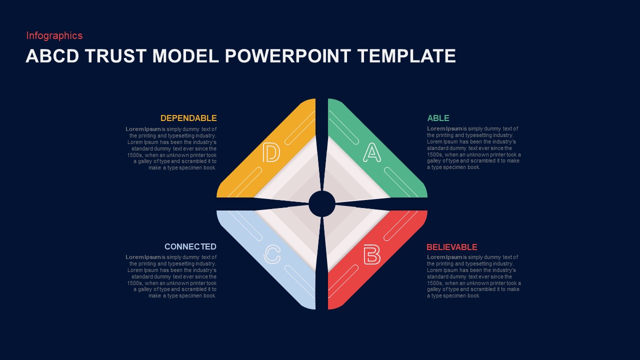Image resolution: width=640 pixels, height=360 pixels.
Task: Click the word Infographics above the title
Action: tap(54, 35)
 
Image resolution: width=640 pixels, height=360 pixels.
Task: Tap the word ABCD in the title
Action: tap(52, 56)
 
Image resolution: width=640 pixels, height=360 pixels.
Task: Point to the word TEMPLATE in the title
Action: tap(406, 56)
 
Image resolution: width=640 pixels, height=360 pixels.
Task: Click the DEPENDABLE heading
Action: tap(188, 118)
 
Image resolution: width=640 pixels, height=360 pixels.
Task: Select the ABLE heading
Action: tap(438, 118)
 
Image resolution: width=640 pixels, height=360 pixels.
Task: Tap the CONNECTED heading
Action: tap(190, 246)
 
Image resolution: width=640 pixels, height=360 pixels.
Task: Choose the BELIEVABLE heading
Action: tap(451, 247)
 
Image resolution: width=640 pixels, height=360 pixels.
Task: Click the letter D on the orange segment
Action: tap(271, 152)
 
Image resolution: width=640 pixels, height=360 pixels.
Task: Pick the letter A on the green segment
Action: tap(371, 152)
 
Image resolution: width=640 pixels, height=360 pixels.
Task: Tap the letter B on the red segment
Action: tap(371, 254)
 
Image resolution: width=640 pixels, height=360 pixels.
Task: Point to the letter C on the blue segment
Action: tap(272, 254)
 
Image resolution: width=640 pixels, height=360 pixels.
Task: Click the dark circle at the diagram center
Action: tap(322, 203)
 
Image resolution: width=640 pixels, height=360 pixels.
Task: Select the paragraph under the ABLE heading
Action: tap(473, 148)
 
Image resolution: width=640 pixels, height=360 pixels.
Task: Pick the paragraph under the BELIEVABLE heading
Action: tap(473, 276)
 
